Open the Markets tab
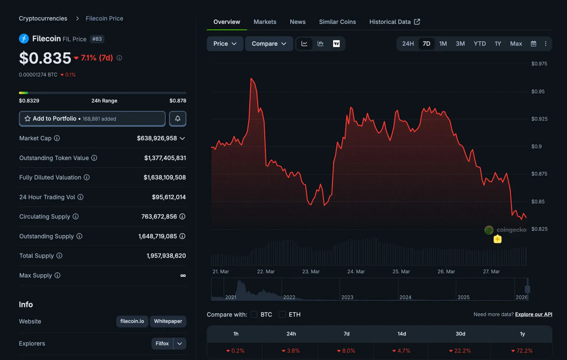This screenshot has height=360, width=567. pyautogui.click(x=265, y=22)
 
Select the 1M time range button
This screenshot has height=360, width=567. pyautogui.click(x=443, y=44)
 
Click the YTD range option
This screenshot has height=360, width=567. pyautogui.click(x=479, y=44)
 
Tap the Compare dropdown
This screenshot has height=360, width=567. pyautogui.click(x=269, y=44)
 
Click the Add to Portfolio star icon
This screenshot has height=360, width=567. pyautogui.click(x=27, y=119)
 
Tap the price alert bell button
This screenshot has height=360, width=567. pyautogui.click(x=177, y=119)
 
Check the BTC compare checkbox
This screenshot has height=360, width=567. pyautogui.click(x=254, y=314)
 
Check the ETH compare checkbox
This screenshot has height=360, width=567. pyautogui.click(x=282, y=314)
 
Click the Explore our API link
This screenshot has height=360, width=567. pyautogui.click(x=533, y=314)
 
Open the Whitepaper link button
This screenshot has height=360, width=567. pyautogui.click(x=168, y=321)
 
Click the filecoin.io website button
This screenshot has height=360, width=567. pyautogui.click(x=132, y=321)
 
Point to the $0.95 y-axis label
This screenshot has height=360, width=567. pyautogui.click(x=538, y=92)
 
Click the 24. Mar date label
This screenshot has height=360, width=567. pyautogui.click(x=356, y=272)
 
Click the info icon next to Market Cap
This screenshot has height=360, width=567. pyautogui.click(x=57, y=138)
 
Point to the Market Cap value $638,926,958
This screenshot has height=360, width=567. pyautogui.click(x=157, y=138)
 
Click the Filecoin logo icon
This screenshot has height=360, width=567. pyautogui.click(x=24, y=39)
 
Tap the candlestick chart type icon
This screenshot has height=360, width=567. pyautogui.click(x=320, y=44)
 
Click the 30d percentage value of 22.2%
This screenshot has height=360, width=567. pyautogui.click(x=460, y=351)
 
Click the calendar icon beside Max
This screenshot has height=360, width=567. pyautogui.click(x=533, y=44)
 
